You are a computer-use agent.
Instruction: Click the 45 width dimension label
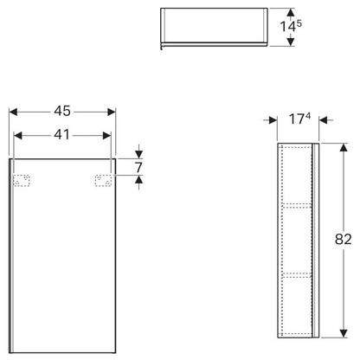[x=62, y=111]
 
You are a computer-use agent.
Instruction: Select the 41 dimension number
[x=61, y=134]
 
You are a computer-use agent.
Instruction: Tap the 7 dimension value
[x=139, y=167]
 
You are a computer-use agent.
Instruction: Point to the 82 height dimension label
[x=344, y=240]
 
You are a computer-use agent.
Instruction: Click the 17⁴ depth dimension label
[x=299, y=119]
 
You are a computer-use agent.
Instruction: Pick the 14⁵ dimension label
[x=291, y=26]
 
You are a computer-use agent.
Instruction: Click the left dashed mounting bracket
[x=22, y=181]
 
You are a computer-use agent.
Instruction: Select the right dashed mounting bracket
[x=103, y=181]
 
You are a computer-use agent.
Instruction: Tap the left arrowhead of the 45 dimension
[x=13, y=112]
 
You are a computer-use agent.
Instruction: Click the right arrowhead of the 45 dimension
[x=112, y=112]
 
